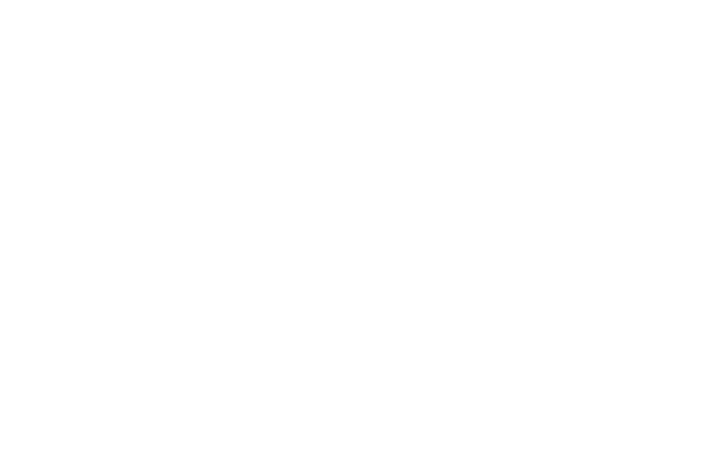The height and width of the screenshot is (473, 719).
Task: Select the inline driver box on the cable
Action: (x=476, y=64)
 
